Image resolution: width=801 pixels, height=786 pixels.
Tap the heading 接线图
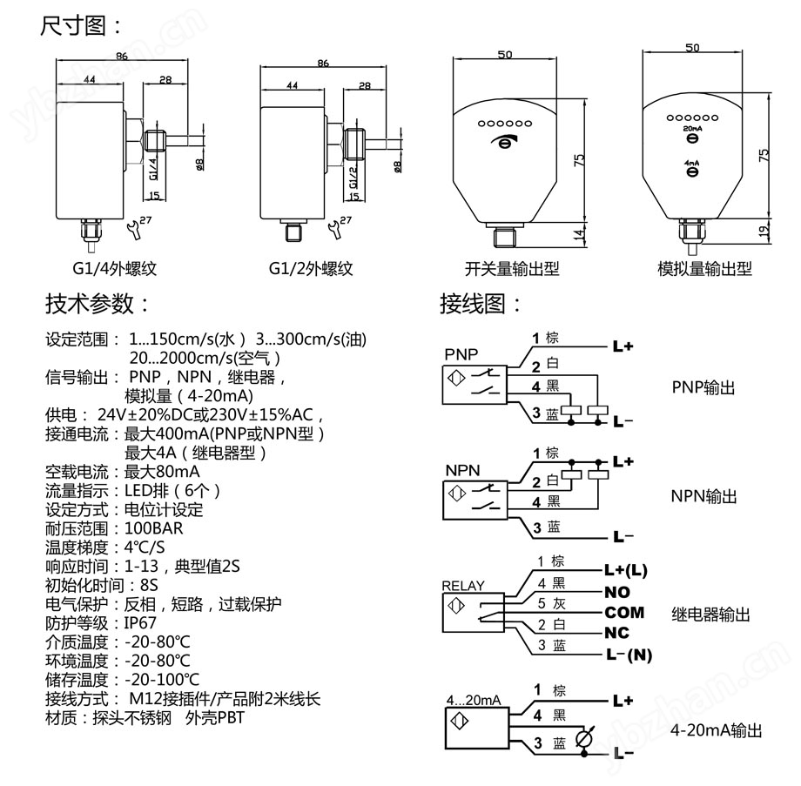tap(481, 304)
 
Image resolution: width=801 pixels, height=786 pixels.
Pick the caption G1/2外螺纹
tap(311, 269)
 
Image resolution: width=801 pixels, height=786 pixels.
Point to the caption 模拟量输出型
tap(704, 269)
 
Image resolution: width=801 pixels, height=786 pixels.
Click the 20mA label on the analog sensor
tap(692, 127)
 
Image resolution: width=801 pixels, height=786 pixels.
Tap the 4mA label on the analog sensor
tap(692, 162)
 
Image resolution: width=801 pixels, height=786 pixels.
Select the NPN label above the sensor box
tap(461, 470)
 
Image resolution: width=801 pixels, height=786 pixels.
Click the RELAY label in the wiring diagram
tap(463, 586)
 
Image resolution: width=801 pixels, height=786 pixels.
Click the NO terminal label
tap(616, 592)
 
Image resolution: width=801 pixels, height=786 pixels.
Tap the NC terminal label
tap(616, 633)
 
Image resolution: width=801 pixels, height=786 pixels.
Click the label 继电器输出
tap(710, 615)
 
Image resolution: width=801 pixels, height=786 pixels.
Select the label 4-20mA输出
tap(716, 730)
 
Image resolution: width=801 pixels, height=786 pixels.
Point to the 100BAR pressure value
tap(154, 528)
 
